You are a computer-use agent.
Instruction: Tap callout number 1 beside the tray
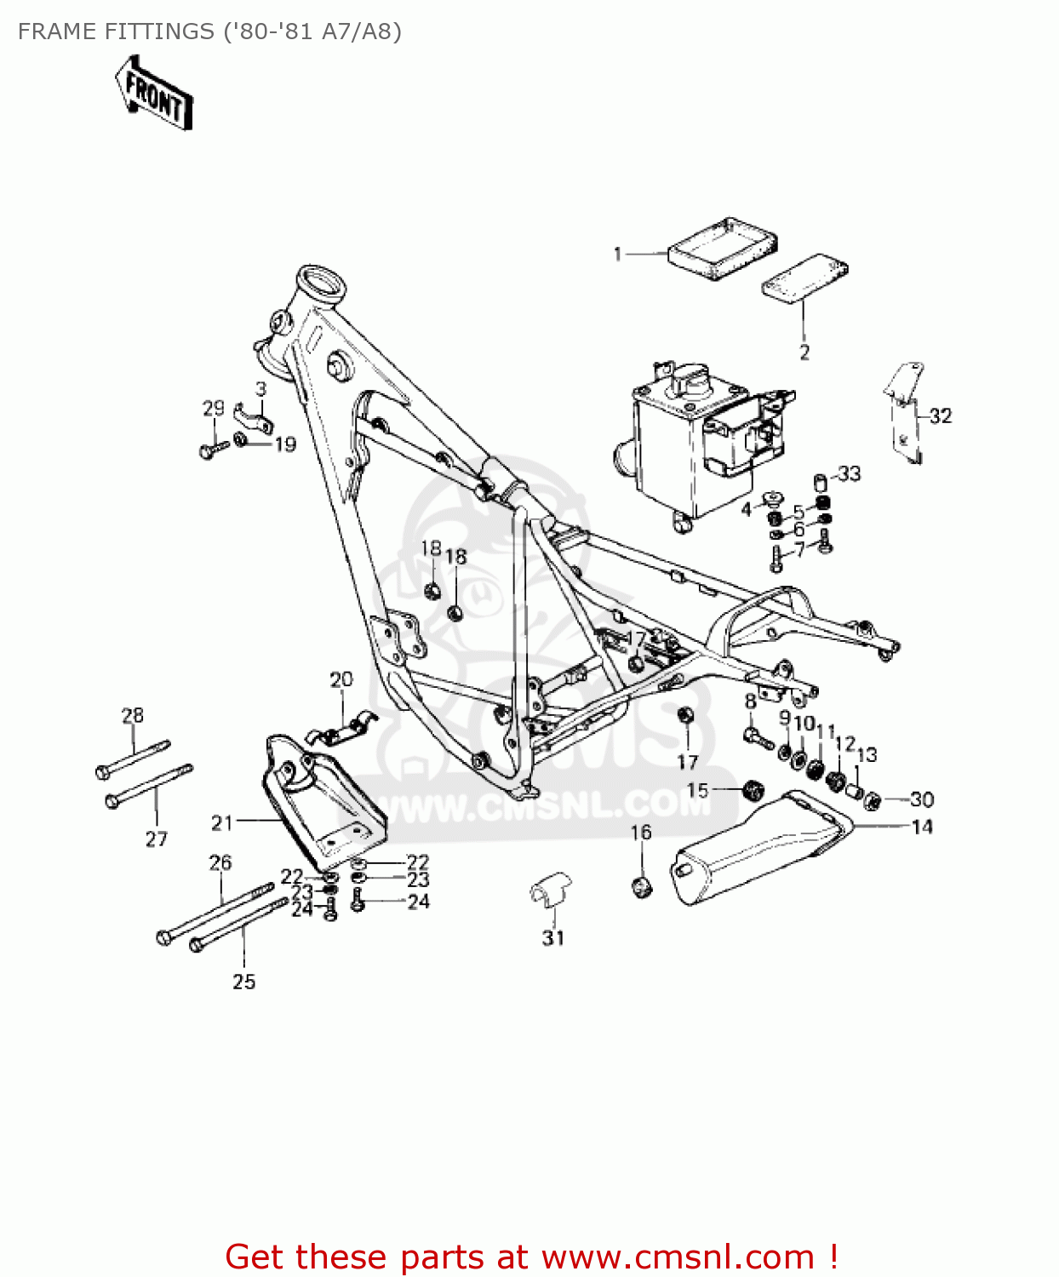[x=618, y=254]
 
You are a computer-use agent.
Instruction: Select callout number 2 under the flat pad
[x=804, y=352]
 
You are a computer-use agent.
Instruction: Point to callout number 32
[x=940, y=415]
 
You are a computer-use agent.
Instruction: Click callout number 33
[x=850, y=473]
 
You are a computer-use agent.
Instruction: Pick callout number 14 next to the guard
[x=922, y=827]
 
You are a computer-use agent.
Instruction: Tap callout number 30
[x=922, y=799]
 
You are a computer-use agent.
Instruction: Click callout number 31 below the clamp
[x=553, y=937]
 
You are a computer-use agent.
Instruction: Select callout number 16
[x=641, y=832]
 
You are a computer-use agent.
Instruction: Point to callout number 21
[x=222, y=822]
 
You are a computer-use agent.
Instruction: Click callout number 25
[x=244, y=982]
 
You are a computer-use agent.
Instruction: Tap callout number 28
[x=133, y=715]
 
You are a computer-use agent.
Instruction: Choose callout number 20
[x=341, y=679]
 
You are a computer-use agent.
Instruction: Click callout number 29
[x=213, y=408]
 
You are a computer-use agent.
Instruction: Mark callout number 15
[x=697, y=790]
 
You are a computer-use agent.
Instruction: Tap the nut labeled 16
[x=643, y=886]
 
